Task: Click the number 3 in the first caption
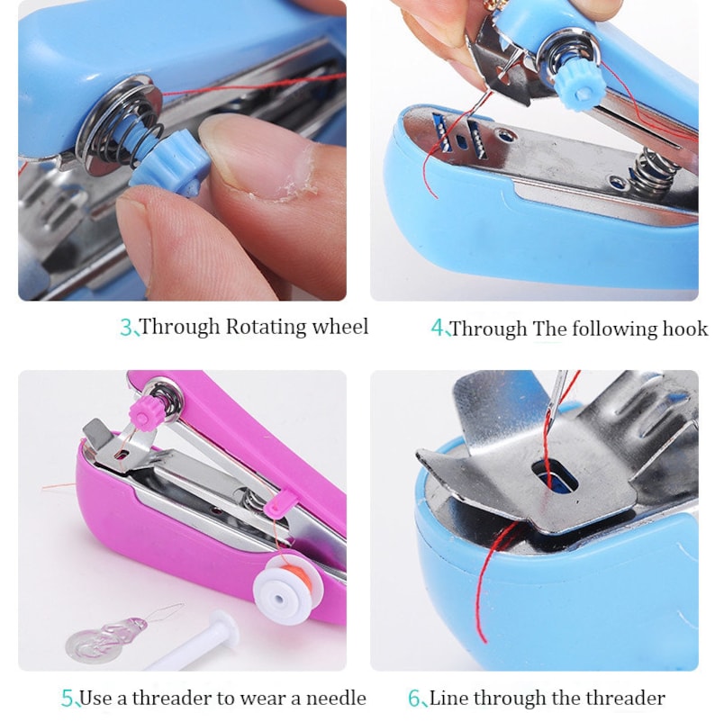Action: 125,328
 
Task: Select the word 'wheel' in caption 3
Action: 339,327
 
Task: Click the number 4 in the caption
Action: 437,329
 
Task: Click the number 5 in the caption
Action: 67,699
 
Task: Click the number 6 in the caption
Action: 414,699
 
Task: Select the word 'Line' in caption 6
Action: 448,698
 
